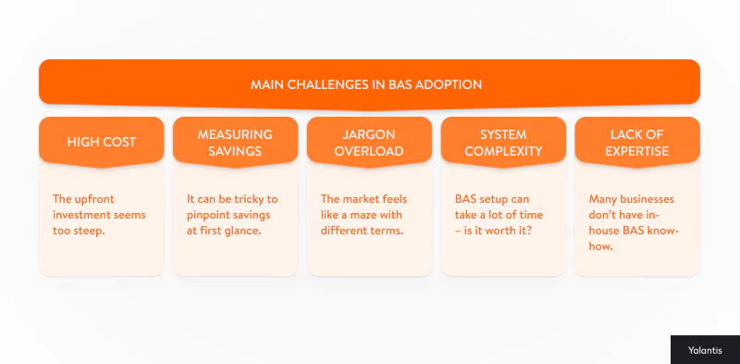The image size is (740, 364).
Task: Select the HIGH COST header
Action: point(102,142)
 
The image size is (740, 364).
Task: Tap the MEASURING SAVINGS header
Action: point(235,142)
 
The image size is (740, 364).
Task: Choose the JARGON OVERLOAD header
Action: point(369,142)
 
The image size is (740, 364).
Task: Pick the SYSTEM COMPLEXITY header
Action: point(504,142)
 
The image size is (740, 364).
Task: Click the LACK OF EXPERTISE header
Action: point(637,142)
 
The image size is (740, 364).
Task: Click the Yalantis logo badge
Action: point(704,350)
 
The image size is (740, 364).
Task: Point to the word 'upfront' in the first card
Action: point(97,199)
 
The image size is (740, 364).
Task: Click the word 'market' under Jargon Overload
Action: point(365,199)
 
